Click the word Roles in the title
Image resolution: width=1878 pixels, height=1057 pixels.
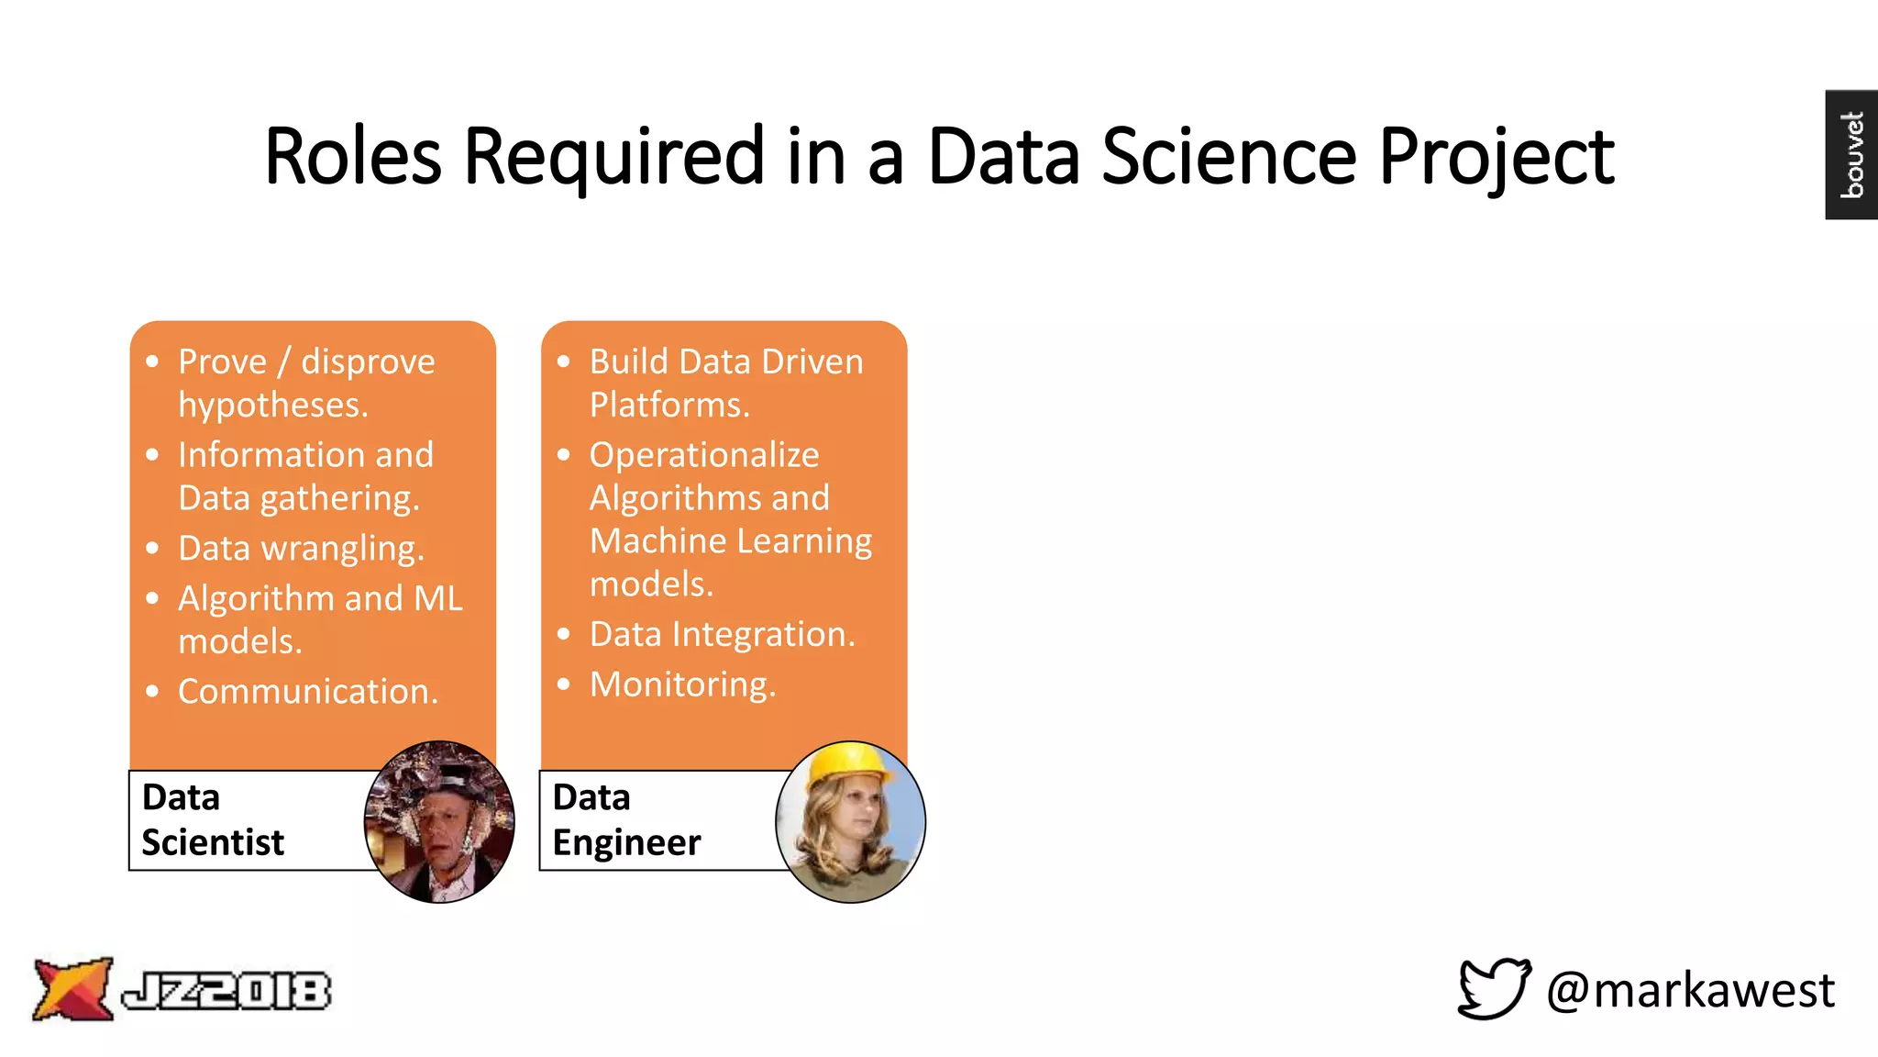coord(353,156)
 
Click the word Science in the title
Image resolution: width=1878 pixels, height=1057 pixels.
coord(1229,156)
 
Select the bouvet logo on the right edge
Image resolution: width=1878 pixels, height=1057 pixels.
coord(1851,154)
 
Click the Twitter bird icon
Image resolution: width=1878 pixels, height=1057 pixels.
coord(1494,988)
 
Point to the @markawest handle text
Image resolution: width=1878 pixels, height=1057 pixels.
coord(1690,990)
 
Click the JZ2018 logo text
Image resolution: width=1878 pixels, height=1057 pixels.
coord(226,991)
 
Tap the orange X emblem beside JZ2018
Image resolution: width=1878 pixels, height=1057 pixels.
coord(72,988)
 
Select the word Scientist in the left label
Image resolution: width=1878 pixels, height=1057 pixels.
coord(213,842)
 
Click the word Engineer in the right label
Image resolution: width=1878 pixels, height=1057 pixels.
coord(626,842)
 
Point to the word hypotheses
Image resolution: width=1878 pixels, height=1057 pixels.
coord(273,405)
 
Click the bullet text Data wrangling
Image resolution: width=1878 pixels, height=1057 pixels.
coord(301,548)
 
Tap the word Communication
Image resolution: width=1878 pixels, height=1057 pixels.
coord(308,691)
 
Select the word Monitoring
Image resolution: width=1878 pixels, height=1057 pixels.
coord(682,684)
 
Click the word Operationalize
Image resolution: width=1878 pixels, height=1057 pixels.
coord(704,455)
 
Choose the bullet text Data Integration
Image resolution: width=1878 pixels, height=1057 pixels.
coord(722,634)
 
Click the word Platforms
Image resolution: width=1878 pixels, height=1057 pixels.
coord(669,405)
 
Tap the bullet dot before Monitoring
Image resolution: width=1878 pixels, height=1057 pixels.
coord(564,684)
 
